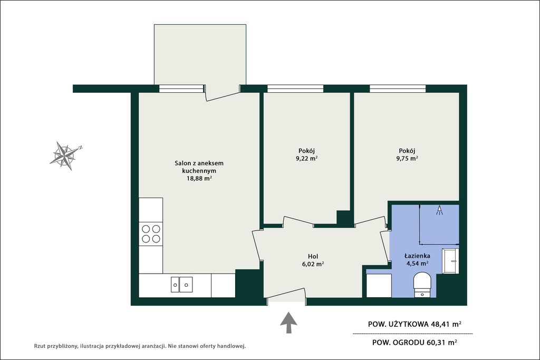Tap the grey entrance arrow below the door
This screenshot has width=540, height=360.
click(288, 323)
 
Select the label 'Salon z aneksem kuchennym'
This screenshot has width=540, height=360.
click(199, 167)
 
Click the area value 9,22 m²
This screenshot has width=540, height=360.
click(306, 159)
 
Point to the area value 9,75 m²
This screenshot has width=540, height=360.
click(407, 159)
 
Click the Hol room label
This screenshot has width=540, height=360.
click(313, 256)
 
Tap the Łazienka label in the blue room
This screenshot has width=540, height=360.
click(418, 256)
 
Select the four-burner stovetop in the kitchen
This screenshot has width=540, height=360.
click(151, 233)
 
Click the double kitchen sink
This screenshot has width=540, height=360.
click(182, 285)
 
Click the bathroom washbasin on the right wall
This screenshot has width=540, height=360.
click(450, 260)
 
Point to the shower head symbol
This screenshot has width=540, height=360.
click(439, 210)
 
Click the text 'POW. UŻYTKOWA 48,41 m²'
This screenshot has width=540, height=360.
click(414, 324)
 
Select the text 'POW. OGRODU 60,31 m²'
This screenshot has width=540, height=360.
click(414, 343)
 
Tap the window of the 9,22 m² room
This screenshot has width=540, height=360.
click(295, 89)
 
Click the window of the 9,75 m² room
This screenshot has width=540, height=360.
click(398, 89)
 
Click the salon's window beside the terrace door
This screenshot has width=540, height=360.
click(181, 89)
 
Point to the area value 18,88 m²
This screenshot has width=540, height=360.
click(199, 178)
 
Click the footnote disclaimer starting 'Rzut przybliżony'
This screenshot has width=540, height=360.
click(140, 346)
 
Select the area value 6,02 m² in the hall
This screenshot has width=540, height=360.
click(313, 264)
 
